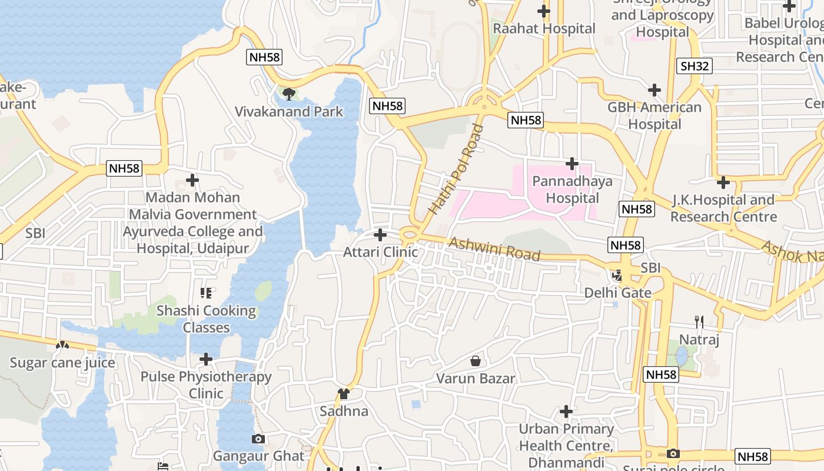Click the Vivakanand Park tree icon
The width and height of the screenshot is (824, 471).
[x=288, y=94]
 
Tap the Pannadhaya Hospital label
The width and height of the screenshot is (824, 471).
[x=572, y=190]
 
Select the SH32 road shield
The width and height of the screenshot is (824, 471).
[x=695, y=66]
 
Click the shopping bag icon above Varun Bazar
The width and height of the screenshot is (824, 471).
[x=476, y=361]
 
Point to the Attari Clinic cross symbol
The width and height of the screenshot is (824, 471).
[x=380, y=235]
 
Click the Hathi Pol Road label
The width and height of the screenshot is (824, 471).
[x=456, y=169]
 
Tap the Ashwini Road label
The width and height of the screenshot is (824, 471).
[x=494, y=250]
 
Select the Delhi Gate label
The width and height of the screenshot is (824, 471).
[x=617, y=293]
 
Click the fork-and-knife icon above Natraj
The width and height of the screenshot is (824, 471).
[x=699, y=322]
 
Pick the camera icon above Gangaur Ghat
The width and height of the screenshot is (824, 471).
[x=258, y=439]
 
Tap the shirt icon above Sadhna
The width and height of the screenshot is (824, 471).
[x=344, y=393]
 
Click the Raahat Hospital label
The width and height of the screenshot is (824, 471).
[x=544, y=28]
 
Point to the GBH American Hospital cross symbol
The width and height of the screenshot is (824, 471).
[x=654, y=90]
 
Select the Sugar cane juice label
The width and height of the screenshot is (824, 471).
[x=62, y=363]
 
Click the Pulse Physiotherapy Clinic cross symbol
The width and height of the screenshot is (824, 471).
[x=206, y=359]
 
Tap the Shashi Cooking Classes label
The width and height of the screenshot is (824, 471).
[x=206, y=319]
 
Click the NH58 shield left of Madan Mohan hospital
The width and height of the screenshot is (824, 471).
[x=125, y=168]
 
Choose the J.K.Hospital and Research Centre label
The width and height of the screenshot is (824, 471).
[x=723, y=208]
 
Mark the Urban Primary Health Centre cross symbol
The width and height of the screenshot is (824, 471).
[x=566, y=411]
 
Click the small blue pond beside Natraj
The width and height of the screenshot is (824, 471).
[x=682, y=356]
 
